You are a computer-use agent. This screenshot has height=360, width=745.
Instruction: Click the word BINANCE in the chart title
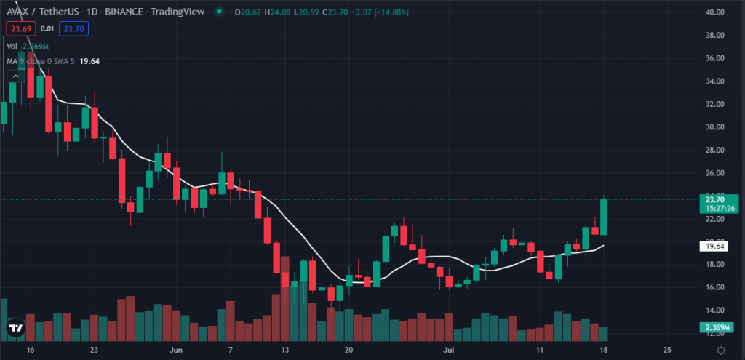[122, 12]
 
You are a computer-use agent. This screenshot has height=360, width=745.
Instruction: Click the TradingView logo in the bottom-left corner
[15, 329]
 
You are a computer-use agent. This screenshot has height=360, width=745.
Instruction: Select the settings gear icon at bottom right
[721, 350]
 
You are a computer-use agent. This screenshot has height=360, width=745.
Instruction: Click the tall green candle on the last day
[604, 217]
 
